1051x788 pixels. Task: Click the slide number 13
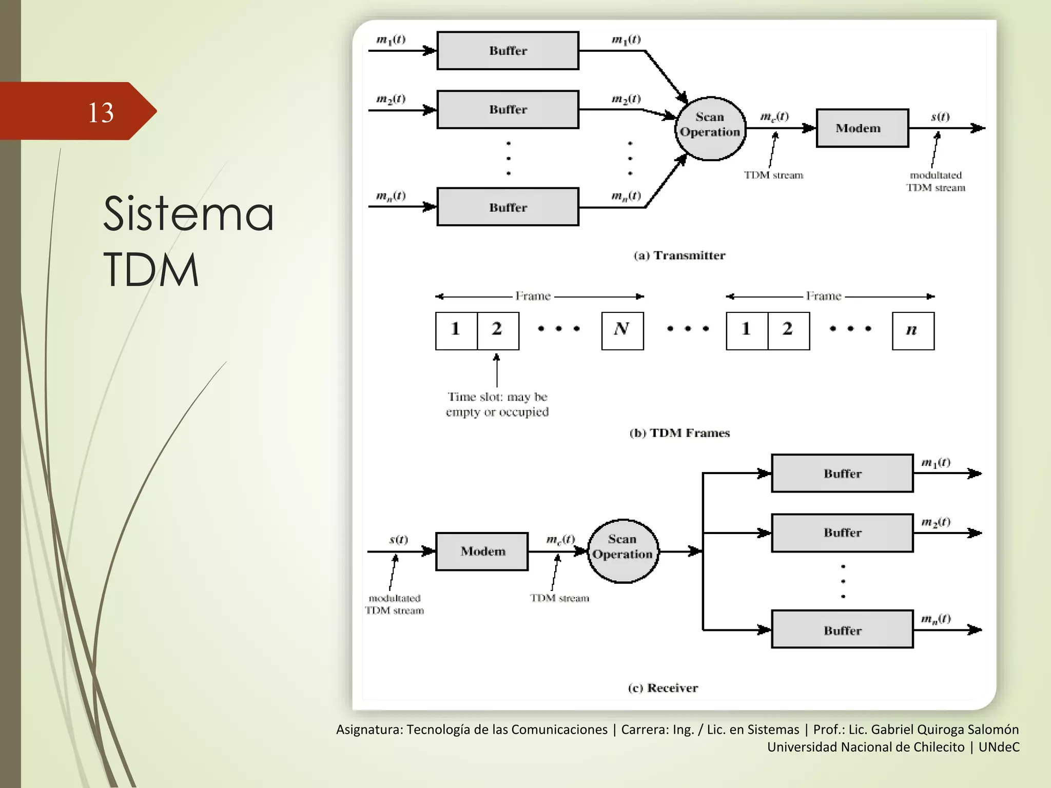click(x=101, y=112)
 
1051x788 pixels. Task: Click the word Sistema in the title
click(x=188, y=213)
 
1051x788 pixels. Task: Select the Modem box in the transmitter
click(x=862, y=128)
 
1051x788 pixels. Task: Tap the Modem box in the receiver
click(x=482, y=551)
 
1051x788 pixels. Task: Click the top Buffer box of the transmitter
click(x=508, y=51)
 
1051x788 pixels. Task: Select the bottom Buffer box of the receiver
click(x=842, y=629)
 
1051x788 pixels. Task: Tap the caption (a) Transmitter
click(x=679, y=255)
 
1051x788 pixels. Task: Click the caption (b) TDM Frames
click(x=679, y=433)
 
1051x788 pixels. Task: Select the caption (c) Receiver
click(x=663, y=688)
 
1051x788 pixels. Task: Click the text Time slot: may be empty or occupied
click(x=497, y=404)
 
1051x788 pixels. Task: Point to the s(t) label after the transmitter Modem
click(x=940, y=117)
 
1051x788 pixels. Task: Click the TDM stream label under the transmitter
click(x=773, y=175)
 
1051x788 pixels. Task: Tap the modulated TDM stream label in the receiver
click(x=394, y=604)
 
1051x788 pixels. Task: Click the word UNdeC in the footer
click(x=999, y=747)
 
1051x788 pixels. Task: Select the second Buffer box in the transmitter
click(x=508, y=110)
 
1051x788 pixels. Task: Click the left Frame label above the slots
click(x=533, y=296)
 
